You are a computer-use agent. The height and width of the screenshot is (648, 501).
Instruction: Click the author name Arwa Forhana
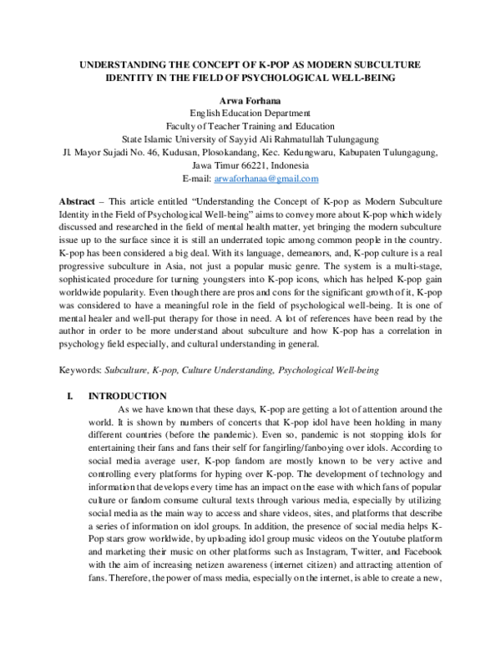point(250,99)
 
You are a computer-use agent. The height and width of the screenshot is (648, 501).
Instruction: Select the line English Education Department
point(250,113)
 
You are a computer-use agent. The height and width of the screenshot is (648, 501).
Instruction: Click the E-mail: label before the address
point(196,179)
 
